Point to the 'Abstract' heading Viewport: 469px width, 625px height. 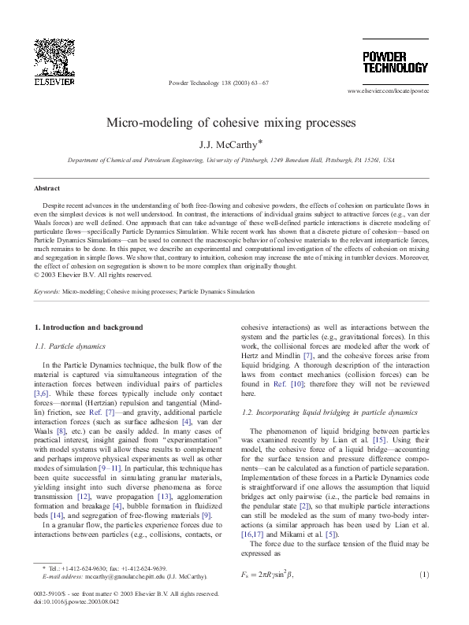[x=47, y=188]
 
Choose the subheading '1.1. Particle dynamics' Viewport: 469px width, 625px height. [x=76, y=346]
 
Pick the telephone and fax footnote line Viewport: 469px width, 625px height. [x=106, y=568]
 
